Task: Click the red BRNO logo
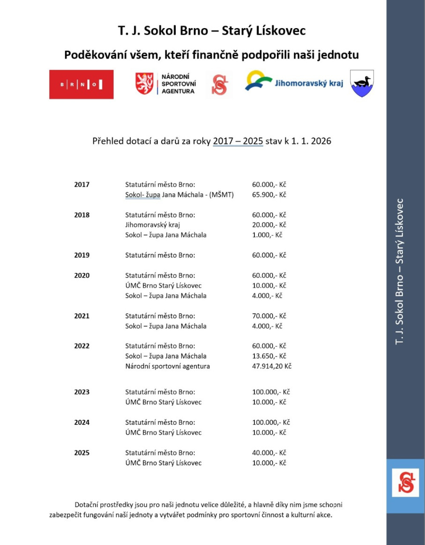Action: [81, 84]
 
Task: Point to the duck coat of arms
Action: [362, 83]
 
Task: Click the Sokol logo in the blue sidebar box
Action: [405, 486]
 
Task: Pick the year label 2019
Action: [82, 255]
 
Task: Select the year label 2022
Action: [82, 346]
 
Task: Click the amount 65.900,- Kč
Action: [269, 195]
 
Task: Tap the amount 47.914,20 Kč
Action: [272, 366]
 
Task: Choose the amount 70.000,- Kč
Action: [269, 316]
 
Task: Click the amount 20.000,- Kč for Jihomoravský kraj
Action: [269, 225]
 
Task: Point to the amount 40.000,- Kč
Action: [269, 453]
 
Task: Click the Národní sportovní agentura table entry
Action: [167, 366]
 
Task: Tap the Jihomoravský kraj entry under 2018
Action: [152, 225]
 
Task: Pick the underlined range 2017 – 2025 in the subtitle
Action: [238, 141]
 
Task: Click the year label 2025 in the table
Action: [82, 453]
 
